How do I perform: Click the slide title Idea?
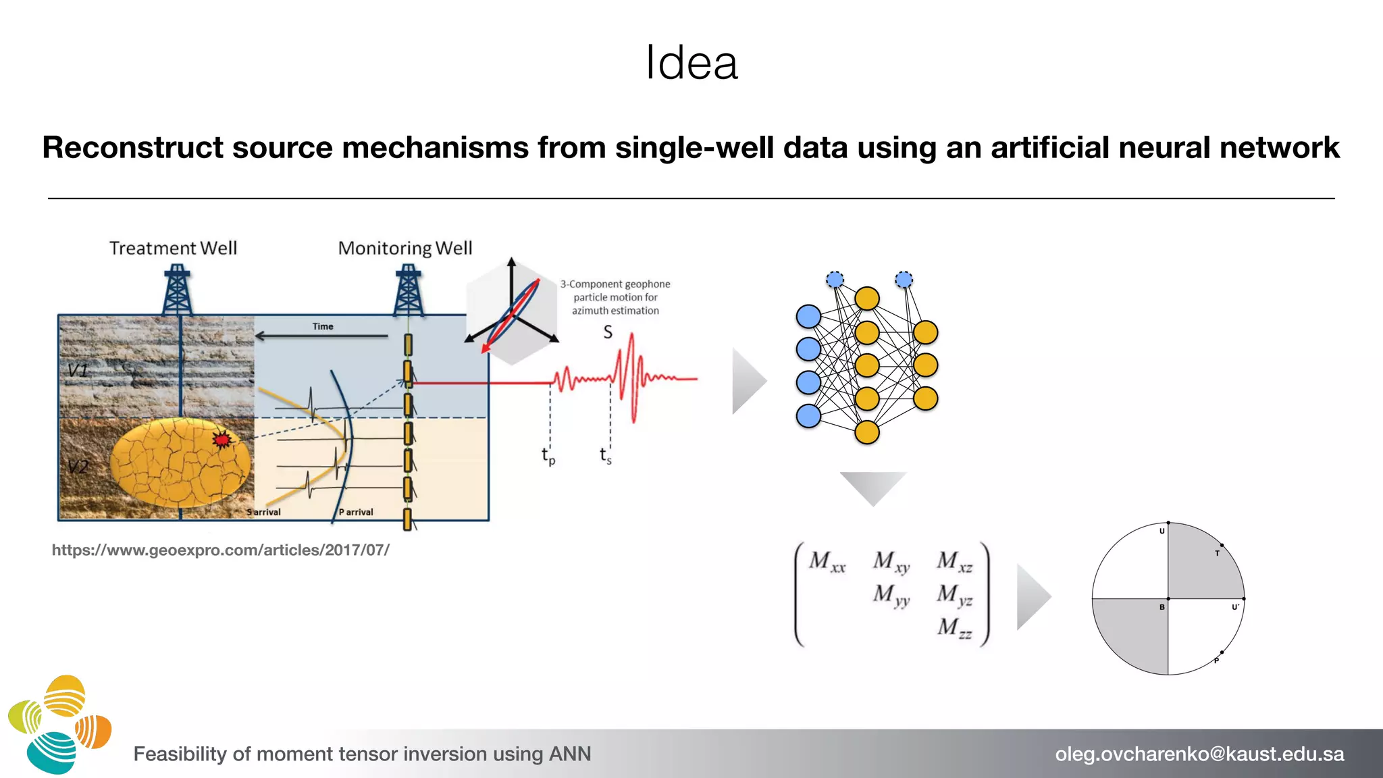[x=691, y=63]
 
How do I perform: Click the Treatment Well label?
[x=174, y=249]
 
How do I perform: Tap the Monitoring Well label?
[x=405, y=249]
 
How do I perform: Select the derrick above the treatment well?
[x=177, y=290]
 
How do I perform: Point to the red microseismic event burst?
[x=221, y=440]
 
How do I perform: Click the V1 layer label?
[x=78, y=370]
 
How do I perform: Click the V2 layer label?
[x=78, y=467]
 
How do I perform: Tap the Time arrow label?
[x=323, y=327]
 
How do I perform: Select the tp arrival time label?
[x=548, y=457]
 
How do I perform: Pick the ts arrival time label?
[x=606, y=455]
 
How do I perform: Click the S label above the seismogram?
[x=608, y=332]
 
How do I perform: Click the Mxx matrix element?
[x=827, y=561]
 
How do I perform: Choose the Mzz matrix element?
[x=955, y=628]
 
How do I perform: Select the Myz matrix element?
[x=955, y=594]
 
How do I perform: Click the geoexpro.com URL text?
[x=221, y=550]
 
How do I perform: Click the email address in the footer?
[x=1199, y=754]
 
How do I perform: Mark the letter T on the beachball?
[x=1217, y=553]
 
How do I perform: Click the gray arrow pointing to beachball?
[x=1033, y=597]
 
